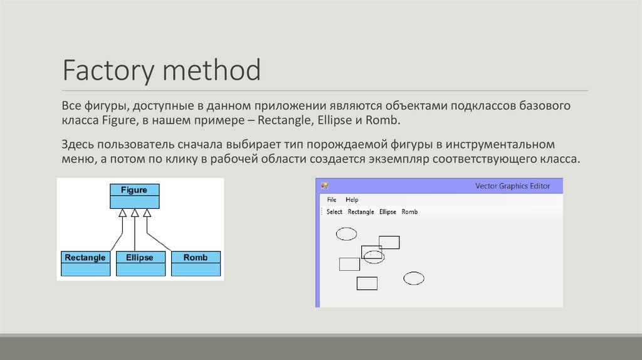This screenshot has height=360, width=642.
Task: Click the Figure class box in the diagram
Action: (134, 196)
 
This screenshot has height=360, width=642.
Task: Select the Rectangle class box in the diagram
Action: (85, 263)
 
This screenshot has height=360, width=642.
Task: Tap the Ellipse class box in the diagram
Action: (139, 263)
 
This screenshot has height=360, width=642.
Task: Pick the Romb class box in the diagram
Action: (196, 263)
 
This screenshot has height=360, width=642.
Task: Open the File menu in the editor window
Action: (332, 199)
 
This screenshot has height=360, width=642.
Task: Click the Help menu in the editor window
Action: (352, 199)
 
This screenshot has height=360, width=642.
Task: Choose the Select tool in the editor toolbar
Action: (334, 212)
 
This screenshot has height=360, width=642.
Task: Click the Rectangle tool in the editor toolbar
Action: (360, 212)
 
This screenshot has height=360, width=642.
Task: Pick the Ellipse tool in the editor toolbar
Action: (387, 212)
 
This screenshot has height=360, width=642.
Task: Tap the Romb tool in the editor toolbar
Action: (409, 212)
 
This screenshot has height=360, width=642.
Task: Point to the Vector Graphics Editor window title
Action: (512, 186)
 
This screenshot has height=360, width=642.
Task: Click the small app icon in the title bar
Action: (325, 186)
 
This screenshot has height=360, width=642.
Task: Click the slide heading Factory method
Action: (161, 70)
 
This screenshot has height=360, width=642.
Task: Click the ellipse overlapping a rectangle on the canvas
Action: (374, 257)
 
